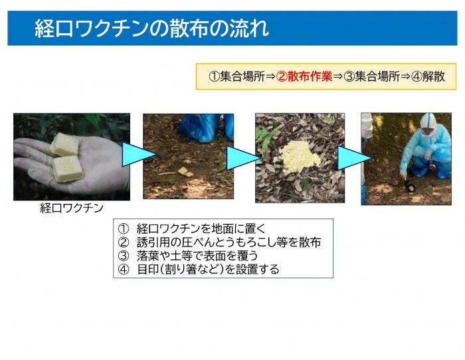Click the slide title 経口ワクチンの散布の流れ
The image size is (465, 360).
tap(152, 29)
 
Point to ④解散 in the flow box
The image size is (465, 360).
tap(428, 76)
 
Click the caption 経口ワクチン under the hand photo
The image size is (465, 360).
tap(72, 208)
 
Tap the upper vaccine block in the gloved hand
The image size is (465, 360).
tap(65, 144)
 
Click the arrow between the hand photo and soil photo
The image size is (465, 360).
tap(138, 157)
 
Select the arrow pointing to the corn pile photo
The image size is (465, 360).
tap(242, 157)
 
